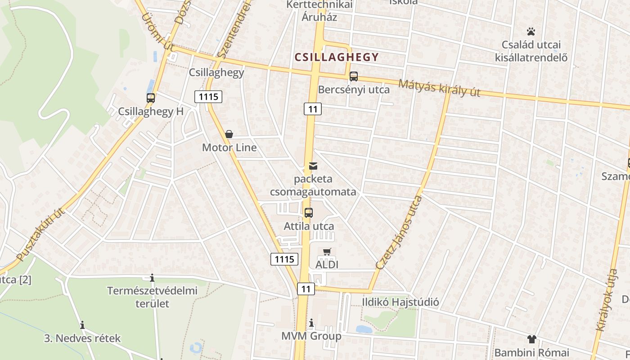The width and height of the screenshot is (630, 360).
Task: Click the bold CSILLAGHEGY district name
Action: tap(336, 57)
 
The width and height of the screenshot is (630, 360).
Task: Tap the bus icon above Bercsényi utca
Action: tap(354, 76)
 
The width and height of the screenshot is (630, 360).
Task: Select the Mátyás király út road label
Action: tap(439, 88)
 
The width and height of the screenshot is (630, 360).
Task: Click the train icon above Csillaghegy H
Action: tap(151, 98)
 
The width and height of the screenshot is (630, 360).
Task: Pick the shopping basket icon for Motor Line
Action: tap(229, 134)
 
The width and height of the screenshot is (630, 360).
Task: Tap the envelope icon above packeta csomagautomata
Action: tap(313, 166)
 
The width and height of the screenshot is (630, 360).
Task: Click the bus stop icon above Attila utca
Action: tap(309, 213)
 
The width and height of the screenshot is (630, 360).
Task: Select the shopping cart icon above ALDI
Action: tap(327, 252)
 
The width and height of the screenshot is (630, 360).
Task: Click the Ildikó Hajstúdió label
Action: tap(401, 301)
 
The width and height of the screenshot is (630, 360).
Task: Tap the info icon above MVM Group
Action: tap(311, 323)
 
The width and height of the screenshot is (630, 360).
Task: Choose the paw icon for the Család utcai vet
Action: tap(531, 31)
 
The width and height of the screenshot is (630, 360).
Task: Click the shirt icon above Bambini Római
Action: tap(531, 339)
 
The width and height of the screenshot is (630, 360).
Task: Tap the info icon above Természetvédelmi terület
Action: tap(152, 278)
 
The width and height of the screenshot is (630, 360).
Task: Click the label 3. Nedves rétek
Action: tap(82, 338)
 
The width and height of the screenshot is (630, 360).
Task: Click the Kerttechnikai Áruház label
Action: tap(320, 11)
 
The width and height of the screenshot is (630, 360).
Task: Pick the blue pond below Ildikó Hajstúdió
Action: tap(364, 329)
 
